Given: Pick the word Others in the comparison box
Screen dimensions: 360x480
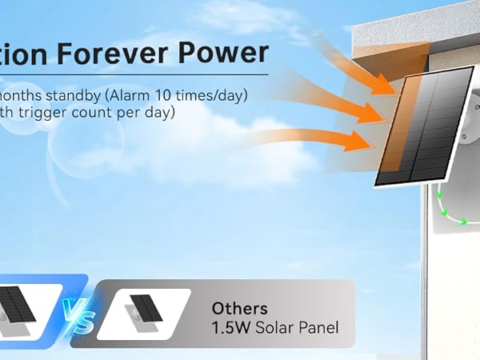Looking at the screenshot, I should [239, 308].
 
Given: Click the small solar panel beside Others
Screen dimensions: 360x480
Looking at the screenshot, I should [146, 308].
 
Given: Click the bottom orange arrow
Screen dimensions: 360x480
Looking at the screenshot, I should [328, 140].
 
